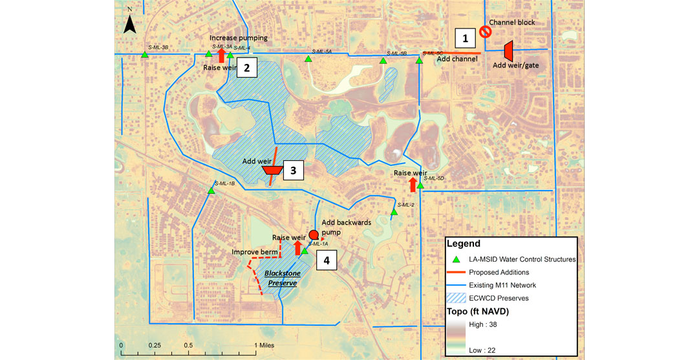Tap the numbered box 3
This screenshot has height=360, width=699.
(x=293, y=171)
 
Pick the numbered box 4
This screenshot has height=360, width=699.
(x=327, y=260)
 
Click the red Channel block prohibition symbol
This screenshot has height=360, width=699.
(x=484, y=31)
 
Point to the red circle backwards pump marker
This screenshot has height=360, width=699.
(x=314, y=235)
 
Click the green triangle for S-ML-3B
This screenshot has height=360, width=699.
(x=145, y=55)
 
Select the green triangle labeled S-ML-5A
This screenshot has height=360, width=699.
(x=309, y=59)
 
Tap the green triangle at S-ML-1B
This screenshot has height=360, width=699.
(x=211, y=190)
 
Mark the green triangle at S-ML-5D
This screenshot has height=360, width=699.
(x=420, y=186)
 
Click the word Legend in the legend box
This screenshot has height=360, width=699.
(x=464, y=244)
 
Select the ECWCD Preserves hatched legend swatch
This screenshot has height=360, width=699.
(x=457, y=298)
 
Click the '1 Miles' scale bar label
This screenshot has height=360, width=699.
(x=264, y=345)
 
